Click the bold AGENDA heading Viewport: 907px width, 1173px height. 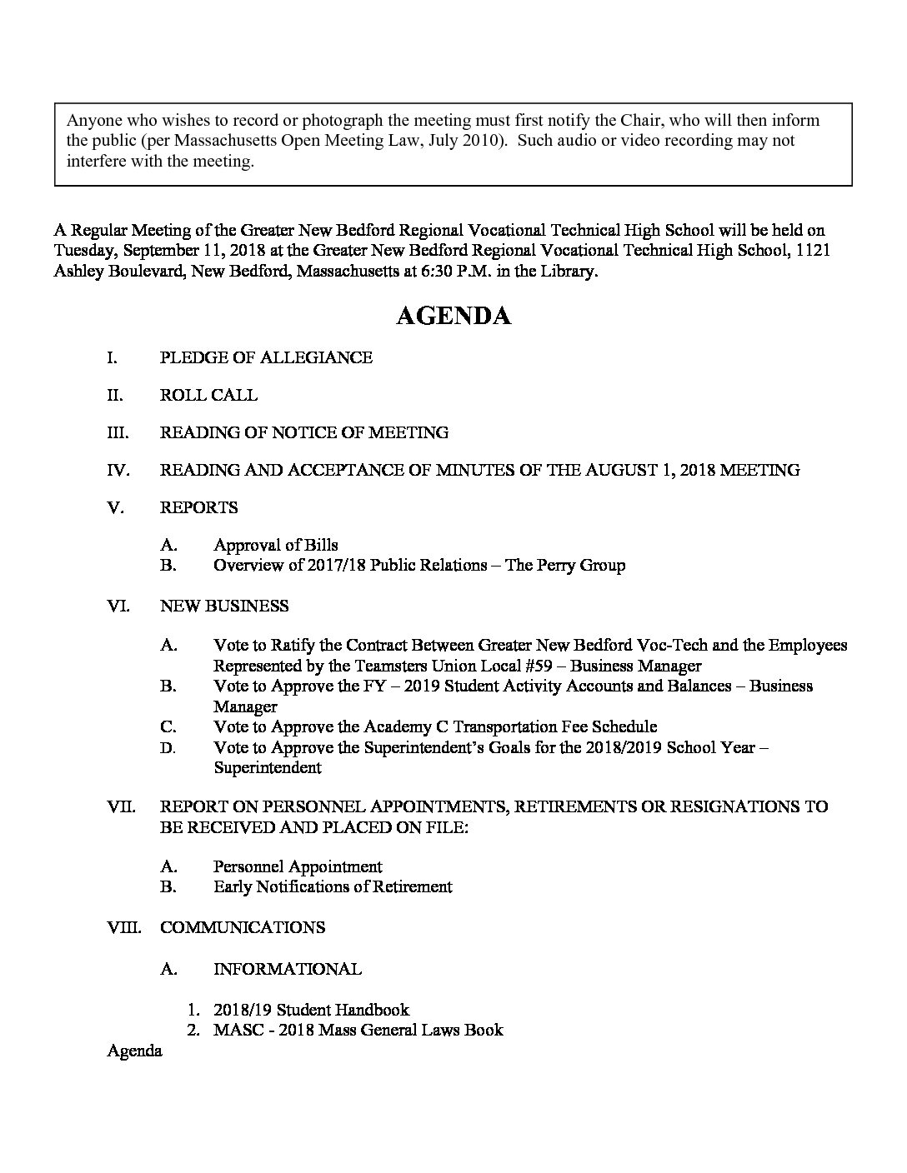click(453, 317)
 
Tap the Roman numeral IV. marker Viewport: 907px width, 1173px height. click(118, 471)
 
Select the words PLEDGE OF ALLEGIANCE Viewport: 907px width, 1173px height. click(266, 358)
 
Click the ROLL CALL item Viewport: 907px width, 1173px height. click(208, 396)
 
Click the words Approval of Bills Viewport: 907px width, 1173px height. click(276, 546)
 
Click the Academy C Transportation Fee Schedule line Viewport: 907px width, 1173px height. click(435, 727)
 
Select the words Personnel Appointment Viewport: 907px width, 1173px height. click(298, 866)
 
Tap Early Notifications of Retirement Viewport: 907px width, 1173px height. click(333, 887)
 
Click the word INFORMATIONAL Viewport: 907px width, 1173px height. click(288, 970)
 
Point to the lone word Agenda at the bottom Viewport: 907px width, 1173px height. click(134, 1051)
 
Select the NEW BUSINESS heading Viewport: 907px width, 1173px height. click(224, 606)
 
